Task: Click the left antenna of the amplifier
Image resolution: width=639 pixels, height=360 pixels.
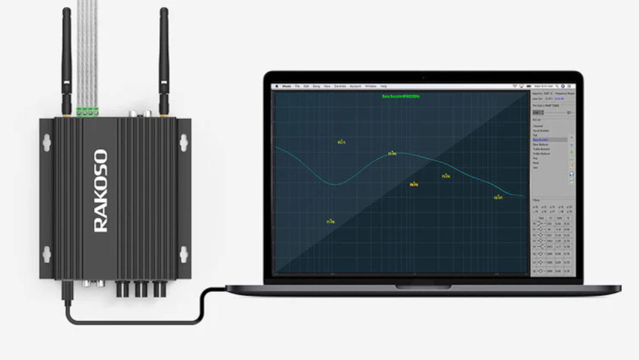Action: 66,61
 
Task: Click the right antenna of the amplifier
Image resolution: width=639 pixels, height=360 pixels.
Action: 164,61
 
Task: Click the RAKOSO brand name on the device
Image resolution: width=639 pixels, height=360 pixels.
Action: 101,191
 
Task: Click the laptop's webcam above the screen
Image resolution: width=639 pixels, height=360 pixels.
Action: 422,78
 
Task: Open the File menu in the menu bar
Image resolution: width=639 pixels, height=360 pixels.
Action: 298,86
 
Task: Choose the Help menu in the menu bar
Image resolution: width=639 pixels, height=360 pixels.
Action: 383,86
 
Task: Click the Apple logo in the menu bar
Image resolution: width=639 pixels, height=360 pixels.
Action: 277,86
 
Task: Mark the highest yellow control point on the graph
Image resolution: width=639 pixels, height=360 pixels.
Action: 341,142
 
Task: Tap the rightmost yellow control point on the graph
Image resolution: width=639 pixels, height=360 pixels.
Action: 498,197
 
